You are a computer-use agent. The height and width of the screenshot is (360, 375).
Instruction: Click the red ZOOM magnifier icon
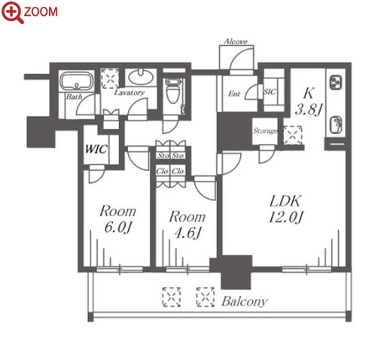12,13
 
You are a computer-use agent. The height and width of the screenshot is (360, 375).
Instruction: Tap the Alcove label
236,41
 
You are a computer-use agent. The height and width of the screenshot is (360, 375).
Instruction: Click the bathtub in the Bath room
77,81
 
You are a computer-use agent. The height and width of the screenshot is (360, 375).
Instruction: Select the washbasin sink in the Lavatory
141,78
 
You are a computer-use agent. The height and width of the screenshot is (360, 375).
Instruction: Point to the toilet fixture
173,90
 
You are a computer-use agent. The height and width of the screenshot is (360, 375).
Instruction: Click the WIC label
96,149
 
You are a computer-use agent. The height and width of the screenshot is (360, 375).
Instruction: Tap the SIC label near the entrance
270,92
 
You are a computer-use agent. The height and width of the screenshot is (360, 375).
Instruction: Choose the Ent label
234,94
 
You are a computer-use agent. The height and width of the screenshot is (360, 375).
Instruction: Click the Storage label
265,131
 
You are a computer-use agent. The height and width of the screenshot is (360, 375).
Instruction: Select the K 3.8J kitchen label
309,102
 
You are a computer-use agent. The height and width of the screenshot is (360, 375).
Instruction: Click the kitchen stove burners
336,82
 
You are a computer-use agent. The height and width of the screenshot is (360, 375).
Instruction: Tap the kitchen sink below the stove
336,125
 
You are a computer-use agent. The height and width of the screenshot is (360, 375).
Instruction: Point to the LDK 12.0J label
285,209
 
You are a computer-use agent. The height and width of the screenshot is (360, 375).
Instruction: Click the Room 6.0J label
117,219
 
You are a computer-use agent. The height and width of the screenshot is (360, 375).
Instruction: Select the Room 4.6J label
187,224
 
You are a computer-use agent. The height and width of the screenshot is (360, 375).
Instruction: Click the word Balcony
245,301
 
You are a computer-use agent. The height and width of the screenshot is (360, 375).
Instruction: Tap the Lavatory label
130,93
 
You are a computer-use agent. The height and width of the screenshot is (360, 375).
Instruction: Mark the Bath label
74,96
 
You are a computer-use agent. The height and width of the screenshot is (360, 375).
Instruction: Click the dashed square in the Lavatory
110,78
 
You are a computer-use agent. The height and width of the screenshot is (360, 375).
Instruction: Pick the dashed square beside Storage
293,136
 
